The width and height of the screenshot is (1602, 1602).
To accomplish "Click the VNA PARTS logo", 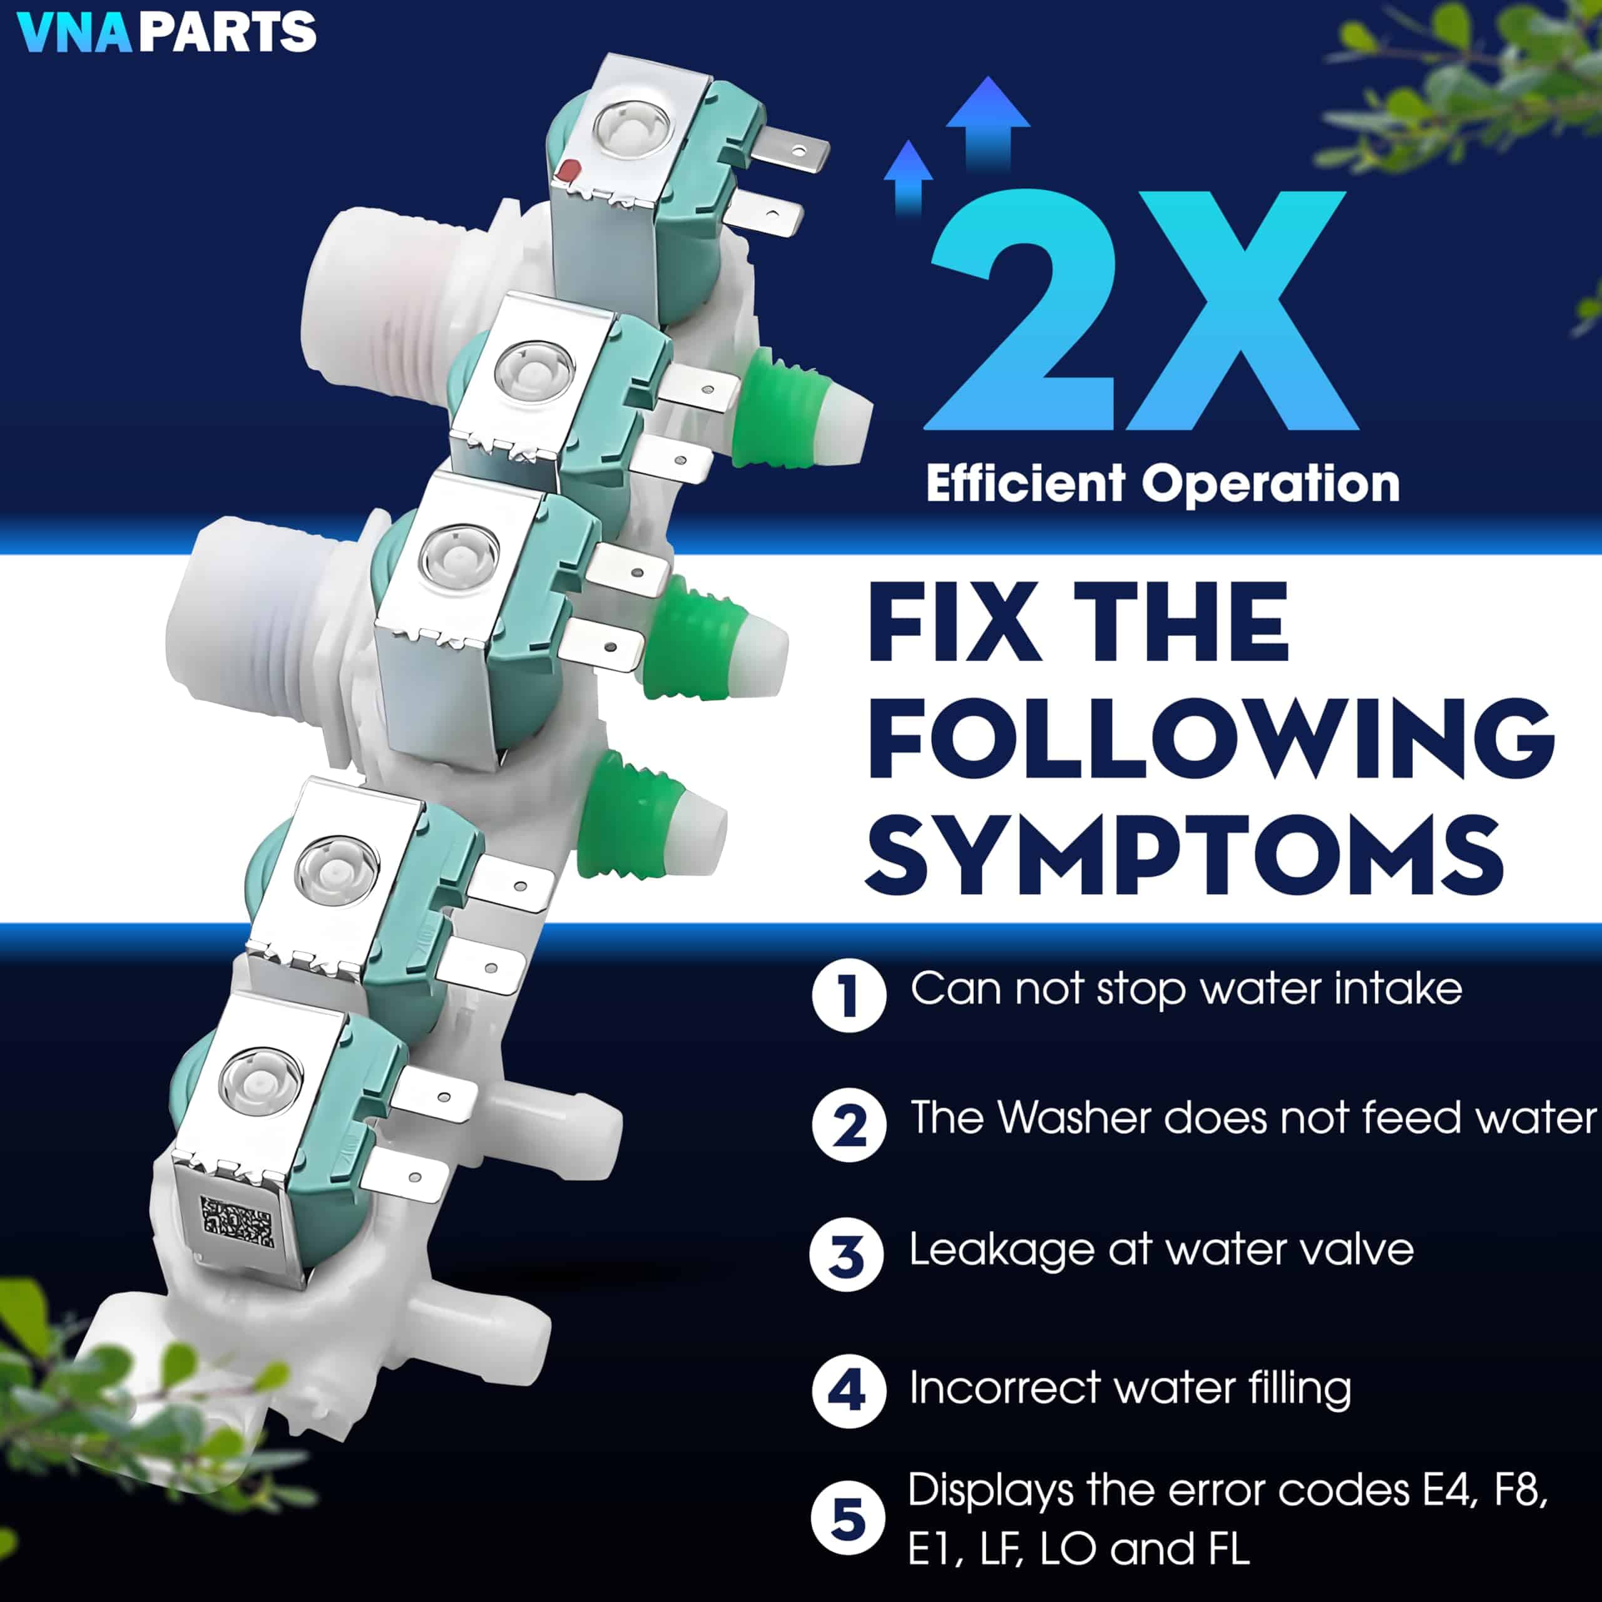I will coord(166,31).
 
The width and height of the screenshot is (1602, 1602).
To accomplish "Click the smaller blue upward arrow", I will coord(909,174).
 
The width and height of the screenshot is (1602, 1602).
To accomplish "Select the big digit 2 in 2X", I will coord(1024,311).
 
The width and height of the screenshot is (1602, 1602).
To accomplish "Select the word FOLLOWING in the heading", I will coord(1211,738).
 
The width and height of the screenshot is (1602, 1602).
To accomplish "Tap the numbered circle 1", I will coord(849,994).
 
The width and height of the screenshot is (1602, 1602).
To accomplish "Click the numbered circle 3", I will coord(847,1255).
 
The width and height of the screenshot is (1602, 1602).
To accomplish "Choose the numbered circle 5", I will coord(847,1519).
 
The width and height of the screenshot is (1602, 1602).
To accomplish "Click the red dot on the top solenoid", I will coord(568,171).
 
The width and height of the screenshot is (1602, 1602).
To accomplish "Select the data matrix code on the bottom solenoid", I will coord(237,1222).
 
